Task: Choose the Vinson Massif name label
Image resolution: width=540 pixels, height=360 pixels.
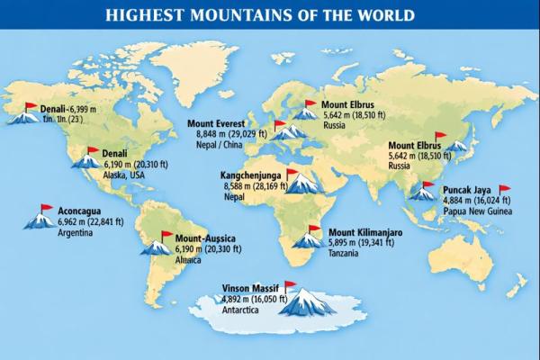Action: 250,289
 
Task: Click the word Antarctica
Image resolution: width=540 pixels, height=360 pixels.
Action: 243,311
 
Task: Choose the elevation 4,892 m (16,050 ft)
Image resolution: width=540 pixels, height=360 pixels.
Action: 254,300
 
